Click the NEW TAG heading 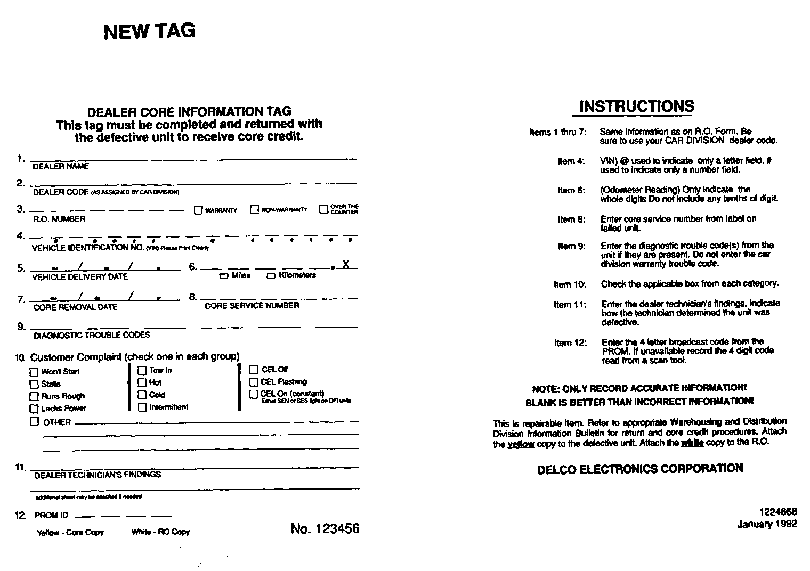tap(150, 31)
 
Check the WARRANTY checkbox tap(198, 210)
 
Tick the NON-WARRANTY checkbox tap(254, 210)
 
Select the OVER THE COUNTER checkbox tap(323, 209)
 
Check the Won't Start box tap(34, 372)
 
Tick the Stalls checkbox tap(34, 384)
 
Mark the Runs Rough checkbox tap(34, 396)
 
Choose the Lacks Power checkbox tap(34, 409)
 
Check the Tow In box tap(142, 370)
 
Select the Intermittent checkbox tap(142, 407)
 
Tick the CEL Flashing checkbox tap(254, 381)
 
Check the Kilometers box tap(271, 276)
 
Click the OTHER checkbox tap(34, 421)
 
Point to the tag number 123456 tap(325, 528)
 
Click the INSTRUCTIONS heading tap(636, 107)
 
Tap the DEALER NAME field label tap(61, 166)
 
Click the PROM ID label tap(52, 516)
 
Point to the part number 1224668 tap(777, 512)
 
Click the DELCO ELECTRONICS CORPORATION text tap(640, 469)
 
